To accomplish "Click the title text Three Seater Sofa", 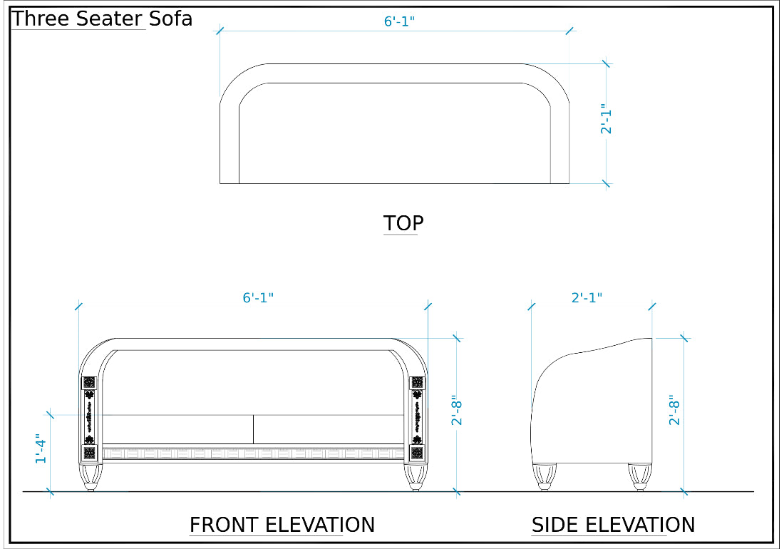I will tap(102, 19).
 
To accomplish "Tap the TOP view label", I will tap(403, 223).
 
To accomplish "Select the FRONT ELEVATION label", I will tap(282, 525).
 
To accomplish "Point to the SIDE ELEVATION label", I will tap(613, 525).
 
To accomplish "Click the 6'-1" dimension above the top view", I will tap(399, 21).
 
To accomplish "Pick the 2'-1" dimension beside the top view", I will tap(607, 119).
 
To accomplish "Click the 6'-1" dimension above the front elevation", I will tap(258, 298).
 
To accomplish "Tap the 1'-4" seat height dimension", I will tap(41, 449).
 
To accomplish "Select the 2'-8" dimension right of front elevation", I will tap(458, 411).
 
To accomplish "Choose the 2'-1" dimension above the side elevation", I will tap(587, 298).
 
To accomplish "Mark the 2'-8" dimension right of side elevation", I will tap(675, 411).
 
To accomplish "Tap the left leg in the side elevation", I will tap(545, 476).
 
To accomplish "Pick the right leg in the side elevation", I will tap(639, 476).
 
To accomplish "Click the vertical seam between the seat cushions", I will tap(254, 429).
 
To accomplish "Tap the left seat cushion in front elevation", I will tap(178, 429).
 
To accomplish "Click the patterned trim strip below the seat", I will tap(254, 452).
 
